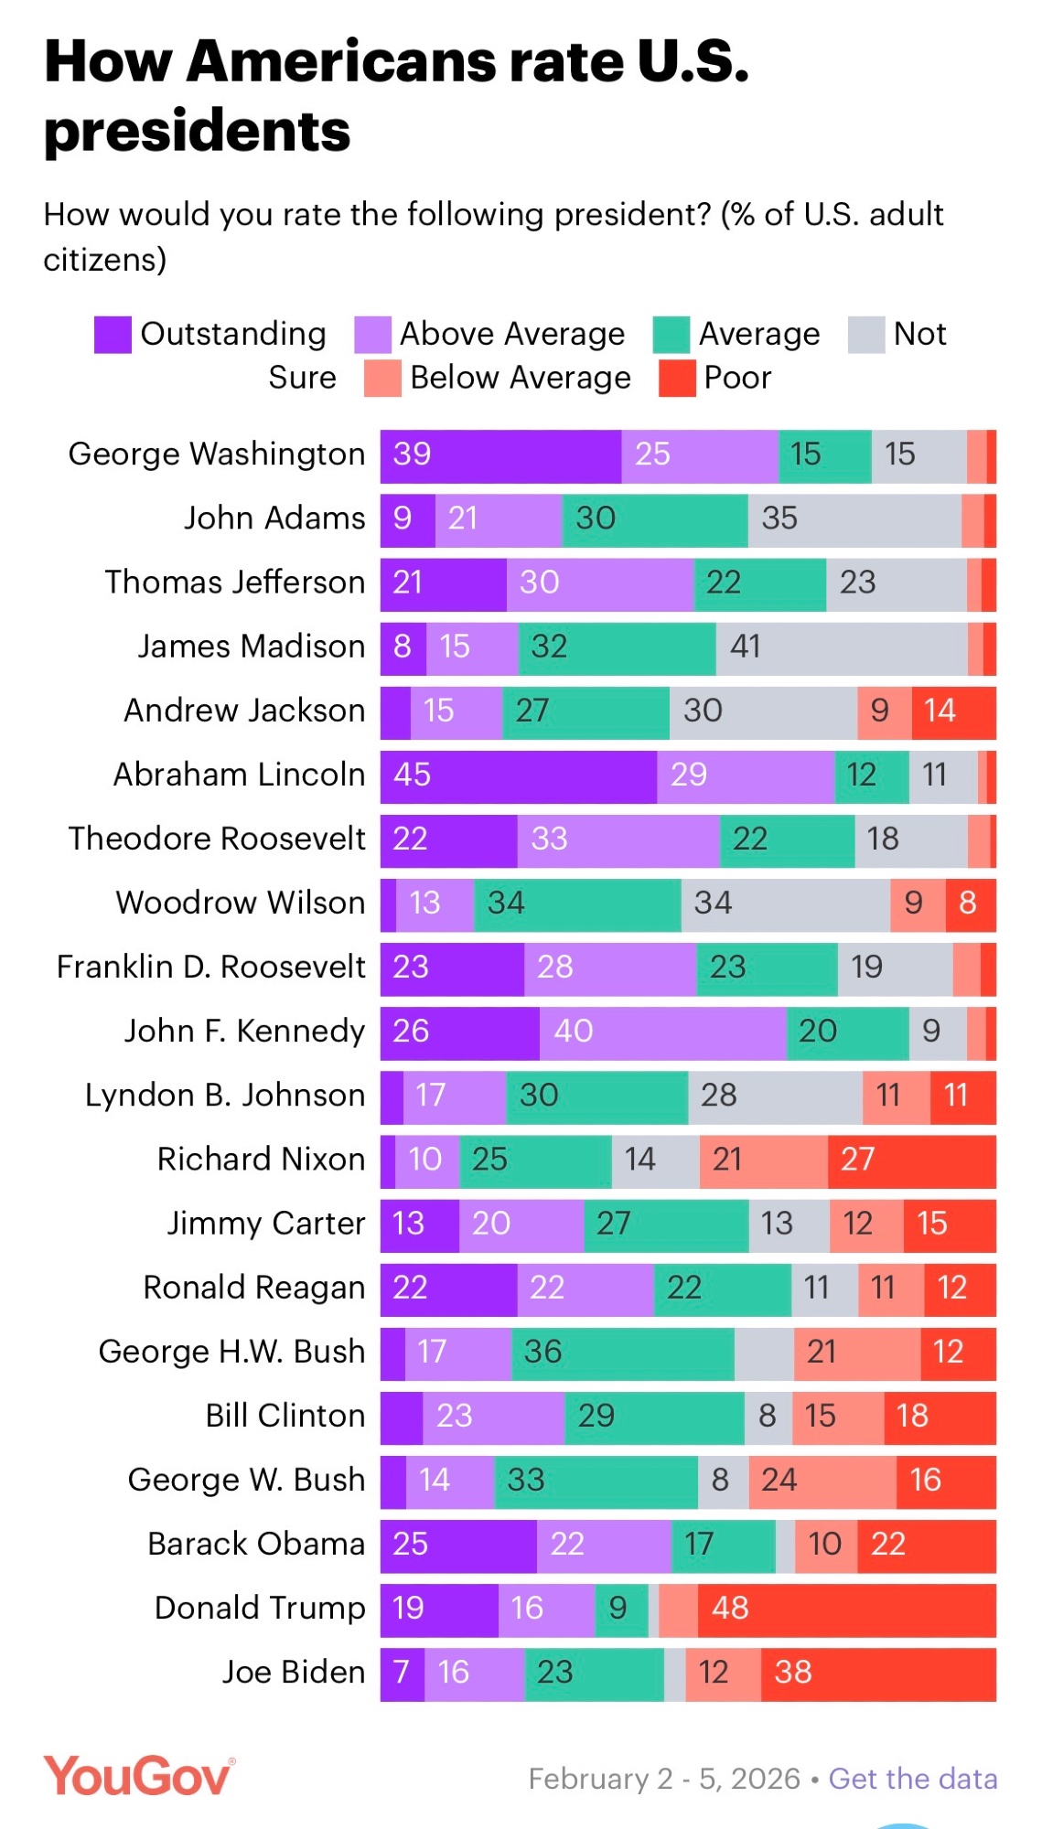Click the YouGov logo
pos(139,1776)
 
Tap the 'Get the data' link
pos(912,1779)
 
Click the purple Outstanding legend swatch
pos(113,335)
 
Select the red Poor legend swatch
pos(677,379)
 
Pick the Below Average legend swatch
pos(382,379)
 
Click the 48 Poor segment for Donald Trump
pos(846,1608)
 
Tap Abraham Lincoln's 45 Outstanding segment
pos(518,775)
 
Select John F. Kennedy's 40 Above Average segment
pos(662,1032)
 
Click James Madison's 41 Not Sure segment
pos(842,647)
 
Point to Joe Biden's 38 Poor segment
pos(878,1673)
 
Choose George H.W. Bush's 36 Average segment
pos(622,1352)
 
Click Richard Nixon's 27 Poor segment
pos(911,1160)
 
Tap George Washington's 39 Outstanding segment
pos(500,455)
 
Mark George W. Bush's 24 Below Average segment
pos(822,1480)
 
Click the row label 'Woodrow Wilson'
pos(240,903)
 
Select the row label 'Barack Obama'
pos(256,1544)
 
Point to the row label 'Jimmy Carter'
pos(265,1224)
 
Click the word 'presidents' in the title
pos(198,131)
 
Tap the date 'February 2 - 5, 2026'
pos(664,1779)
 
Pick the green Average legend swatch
pos(671,335)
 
